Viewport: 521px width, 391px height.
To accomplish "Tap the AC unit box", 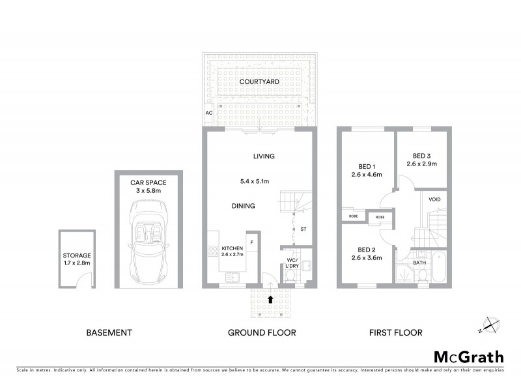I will coord(209,113).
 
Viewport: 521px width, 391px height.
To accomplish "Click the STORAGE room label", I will coord(77,255).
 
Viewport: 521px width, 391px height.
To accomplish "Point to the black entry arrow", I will coord(271,299).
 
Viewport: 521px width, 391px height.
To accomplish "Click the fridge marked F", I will coord(253,242).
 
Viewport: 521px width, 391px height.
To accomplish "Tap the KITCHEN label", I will coord(232,249).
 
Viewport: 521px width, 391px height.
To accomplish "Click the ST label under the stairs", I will coord(303,229).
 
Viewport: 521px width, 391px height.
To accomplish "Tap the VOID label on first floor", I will coord(434,199).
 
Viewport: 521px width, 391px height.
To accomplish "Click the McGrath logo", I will coord(469,356).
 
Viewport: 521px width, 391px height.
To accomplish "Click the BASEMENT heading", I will coord(109,332).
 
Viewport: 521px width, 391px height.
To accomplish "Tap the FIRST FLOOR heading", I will coord(395,332).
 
